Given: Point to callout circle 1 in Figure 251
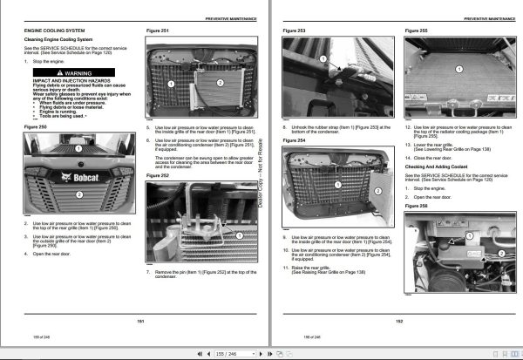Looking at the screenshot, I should [x=172, y=84].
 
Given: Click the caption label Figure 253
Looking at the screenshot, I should [x=294, y=31].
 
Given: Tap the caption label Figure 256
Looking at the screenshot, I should [x=416, y=207].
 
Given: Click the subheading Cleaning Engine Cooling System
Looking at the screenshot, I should [x=58, y=40].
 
